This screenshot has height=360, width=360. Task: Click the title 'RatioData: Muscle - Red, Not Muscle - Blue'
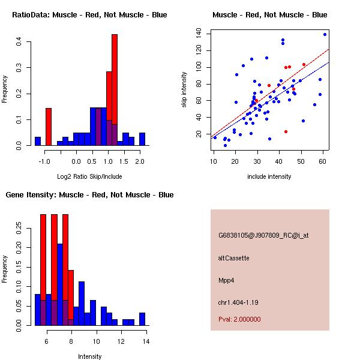click(x=89, y=14)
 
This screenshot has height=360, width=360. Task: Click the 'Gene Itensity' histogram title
click(x=89, y=194)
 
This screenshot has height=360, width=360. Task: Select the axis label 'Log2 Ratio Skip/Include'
click(x=89, y=176)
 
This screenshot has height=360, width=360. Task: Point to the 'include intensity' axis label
click(x=269, y=176)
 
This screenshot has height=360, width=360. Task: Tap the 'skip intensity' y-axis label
click(x=184, y=90)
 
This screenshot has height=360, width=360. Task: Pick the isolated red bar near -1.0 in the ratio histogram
click(x=49, y=127)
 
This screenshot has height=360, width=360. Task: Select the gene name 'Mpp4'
click(x=226, y=280)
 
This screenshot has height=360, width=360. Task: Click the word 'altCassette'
click(x=233, y=258)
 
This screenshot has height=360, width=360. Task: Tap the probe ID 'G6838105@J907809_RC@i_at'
click(x=263, y=236)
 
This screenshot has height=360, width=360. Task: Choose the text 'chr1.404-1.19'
click(x=236, y=302)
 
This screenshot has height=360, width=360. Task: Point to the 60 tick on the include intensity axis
click(x=322, y=161)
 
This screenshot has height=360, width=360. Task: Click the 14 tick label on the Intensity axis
click(x=146, y=341)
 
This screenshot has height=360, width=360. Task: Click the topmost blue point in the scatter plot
click(x=325, y=34)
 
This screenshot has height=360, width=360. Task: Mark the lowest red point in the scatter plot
click(x=286, y=131)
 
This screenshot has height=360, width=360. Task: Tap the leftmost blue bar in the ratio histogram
click(x=38, y=142)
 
